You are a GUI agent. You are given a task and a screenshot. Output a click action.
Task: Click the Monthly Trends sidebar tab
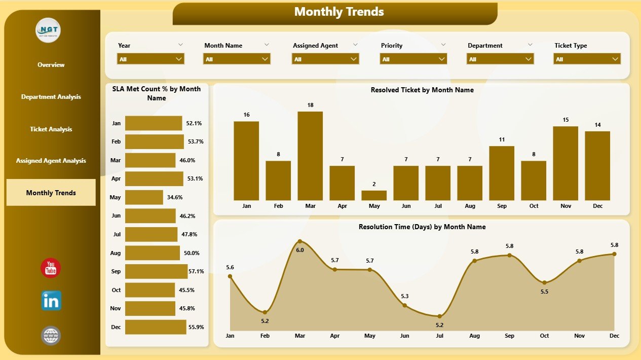[51, 193]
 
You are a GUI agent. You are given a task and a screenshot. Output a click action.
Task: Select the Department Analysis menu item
[51, 97]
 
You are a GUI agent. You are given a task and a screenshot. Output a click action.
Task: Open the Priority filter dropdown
[413, 59]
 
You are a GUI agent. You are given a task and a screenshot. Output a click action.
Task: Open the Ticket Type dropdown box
[587, 59]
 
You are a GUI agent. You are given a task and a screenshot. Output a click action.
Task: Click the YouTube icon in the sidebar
[51, 268]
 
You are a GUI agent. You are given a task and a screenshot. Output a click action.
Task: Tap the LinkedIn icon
[51, 301]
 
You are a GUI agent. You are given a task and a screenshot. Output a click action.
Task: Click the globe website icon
[51, 336]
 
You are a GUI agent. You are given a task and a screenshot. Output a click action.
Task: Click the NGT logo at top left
[48, 30]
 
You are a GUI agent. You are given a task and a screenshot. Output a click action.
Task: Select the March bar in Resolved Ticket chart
[310, 156]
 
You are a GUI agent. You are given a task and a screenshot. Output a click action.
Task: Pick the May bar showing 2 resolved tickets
[374, 195]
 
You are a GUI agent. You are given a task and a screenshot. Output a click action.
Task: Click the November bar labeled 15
[565, 163]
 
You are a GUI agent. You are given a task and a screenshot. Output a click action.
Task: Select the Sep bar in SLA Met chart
[156, 271]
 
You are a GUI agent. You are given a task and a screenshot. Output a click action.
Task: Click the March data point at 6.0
[300, 242]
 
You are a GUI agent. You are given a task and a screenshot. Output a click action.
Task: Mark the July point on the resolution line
[440, 316]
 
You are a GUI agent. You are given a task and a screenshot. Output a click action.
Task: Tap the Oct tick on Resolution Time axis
[544, 336]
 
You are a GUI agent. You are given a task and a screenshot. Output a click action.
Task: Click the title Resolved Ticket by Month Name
[422, 90]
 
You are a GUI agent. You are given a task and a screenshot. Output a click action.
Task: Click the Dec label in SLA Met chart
[116, 327]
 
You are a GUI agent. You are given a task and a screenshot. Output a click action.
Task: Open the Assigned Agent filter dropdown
[325, 59]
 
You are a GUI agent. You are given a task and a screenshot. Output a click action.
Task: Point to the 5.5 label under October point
[544, 292]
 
